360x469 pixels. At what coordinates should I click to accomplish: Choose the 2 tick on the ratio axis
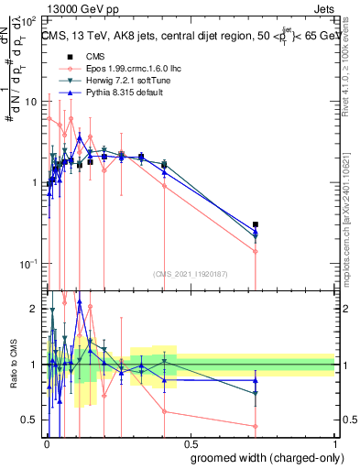pos(32,309)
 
